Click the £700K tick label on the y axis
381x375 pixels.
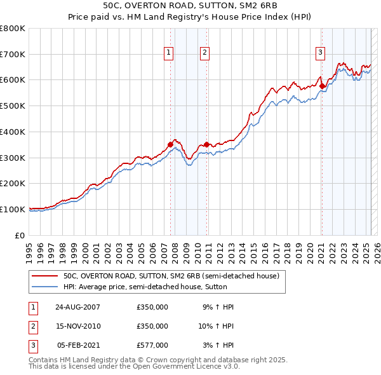coord(13,54)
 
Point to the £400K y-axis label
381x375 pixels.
coord(13,132)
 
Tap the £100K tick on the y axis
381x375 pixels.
coord(13,209)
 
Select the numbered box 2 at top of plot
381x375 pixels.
coord(205,53)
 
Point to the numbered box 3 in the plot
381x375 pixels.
coord(321,53)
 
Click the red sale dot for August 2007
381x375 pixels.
coord(170,145)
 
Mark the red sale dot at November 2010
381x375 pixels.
coord(206,145)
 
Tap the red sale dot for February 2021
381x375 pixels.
coord(321,86)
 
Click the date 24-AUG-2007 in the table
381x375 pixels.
coord(78,307)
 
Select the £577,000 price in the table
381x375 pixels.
coord(152,345)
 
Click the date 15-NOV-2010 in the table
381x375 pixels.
coord(78,326)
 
